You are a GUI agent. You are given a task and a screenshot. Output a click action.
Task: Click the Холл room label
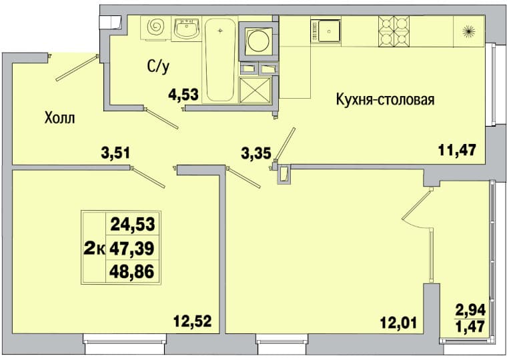[60, 118]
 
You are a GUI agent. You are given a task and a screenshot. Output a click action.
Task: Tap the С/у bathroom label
[158, 67]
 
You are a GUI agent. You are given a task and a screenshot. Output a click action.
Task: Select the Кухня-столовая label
[385, 99]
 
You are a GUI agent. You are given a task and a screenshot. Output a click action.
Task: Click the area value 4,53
[183, 95]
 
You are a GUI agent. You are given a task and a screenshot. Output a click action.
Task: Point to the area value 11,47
[457, 150]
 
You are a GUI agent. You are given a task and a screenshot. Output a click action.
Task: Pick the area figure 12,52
[192, 321]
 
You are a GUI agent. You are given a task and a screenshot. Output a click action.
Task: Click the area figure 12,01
[398, 322]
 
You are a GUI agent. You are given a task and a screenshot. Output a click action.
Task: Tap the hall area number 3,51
[115, 153]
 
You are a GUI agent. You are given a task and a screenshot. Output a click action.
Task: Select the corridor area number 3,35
[256, 153]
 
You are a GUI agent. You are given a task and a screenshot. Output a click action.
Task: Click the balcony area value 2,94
[470, 310]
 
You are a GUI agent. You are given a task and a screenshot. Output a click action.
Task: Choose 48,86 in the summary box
[131, 272]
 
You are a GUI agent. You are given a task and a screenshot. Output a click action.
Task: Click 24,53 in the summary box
[133, 224]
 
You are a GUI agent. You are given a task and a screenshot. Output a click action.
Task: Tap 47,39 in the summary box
[131, 249]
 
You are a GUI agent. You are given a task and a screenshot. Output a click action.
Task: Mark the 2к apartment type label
[95, 249]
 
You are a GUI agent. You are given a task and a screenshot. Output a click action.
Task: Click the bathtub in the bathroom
[220, 60]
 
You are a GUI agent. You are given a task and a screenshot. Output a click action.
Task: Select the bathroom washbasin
[187, 29]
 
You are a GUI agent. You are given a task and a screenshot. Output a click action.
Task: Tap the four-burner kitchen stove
[394, 31]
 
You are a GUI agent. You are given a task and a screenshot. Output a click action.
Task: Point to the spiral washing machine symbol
[155, 27]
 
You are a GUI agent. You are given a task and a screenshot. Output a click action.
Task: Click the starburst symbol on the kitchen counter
[468, 31]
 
